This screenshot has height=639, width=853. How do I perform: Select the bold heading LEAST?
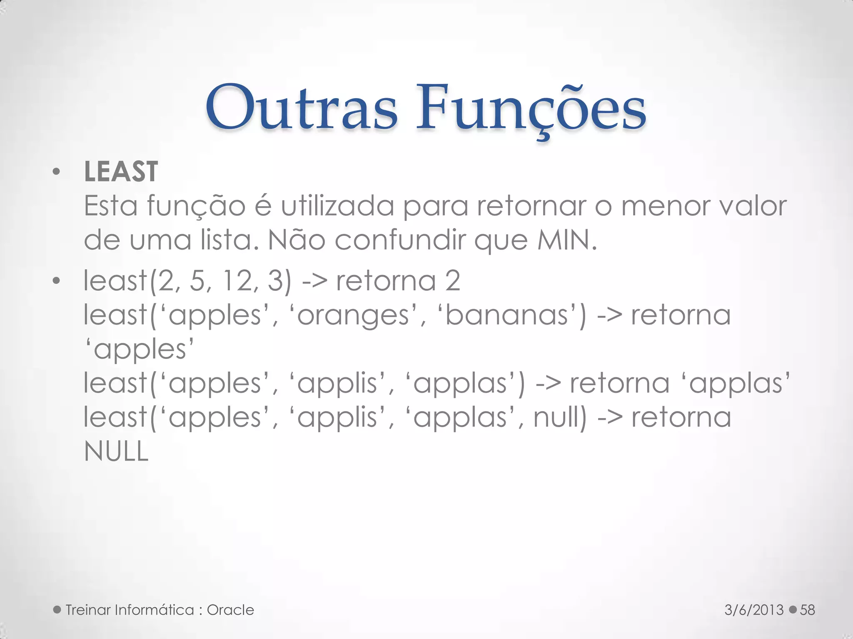(121, 171)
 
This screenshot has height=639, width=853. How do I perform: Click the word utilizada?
(337, 206)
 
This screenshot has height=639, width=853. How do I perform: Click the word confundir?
(400, 240)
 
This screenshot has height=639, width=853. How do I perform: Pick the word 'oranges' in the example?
(354, 315)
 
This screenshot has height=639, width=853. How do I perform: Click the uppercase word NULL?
(116, 451)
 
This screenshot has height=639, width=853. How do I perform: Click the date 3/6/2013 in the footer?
(754, 610)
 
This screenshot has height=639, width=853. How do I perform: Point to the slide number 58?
(807, 610)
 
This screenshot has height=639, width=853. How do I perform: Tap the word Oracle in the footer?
(230, 610)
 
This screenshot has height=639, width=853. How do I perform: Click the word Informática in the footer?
(155, 610)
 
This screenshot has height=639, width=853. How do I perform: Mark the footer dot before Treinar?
(57, 610)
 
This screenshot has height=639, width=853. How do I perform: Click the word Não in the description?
(296, 240)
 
